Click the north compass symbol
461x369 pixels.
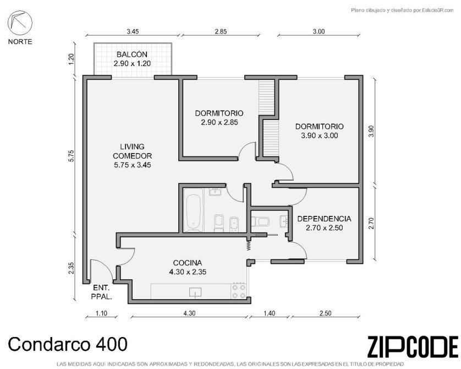[x=20, y=23]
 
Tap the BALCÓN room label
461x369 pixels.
[x=132, y=59]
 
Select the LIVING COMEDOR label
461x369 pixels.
[x=132, y=156]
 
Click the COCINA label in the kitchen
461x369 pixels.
[x=188, y=267]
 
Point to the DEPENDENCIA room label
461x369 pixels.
[x=324, y=223]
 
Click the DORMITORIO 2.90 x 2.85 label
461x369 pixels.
[x=219, y=118]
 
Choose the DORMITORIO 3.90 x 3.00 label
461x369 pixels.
[x=319, y=131]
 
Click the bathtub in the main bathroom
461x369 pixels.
[x=194, y=210]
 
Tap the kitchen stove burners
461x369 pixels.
[x=239, y=291]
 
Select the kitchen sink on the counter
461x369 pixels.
[x=195, y=292]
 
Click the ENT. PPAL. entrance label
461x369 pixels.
[x=101, y=292]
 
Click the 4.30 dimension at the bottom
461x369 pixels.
[x=189, y=313]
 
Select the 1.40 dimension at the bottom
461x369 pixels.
[x=270, y=313]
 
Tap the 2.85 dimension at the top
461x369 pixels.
[x=221, y=31]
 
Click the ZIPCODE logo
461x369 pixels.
[x=413, y=347]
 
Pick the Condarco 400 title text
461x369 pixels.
[x=68, y=344]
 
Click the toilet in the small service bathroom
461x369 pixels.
[x=261, y=221]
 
